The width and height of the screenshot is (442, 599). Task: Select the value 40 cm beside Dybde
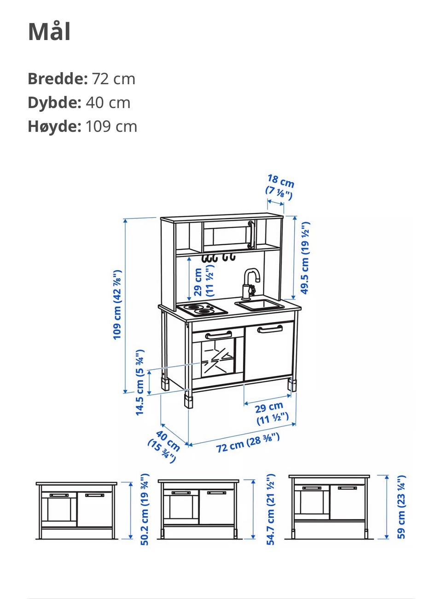pos(108,103)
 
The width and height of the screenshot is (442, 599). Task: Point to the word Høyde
pos(55,126)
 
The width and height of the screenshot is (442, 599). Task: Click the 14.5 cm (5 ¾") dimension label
pos(140,383)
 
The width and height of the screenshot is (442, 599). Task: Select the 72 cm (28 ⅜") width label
pos(248,443)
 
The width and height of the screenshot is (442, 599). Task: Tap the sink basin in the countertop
pos(259,305)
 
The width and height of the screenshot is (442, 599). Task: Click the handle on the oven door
pos(218,335)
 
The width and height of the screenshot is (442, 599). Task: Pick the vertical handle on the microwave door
pos(250,235)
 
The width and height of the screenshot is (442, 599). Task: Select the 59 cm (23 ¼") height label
pos(401,507)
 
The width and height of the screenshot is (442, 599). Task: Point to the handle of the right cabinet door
pos(270,329)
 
